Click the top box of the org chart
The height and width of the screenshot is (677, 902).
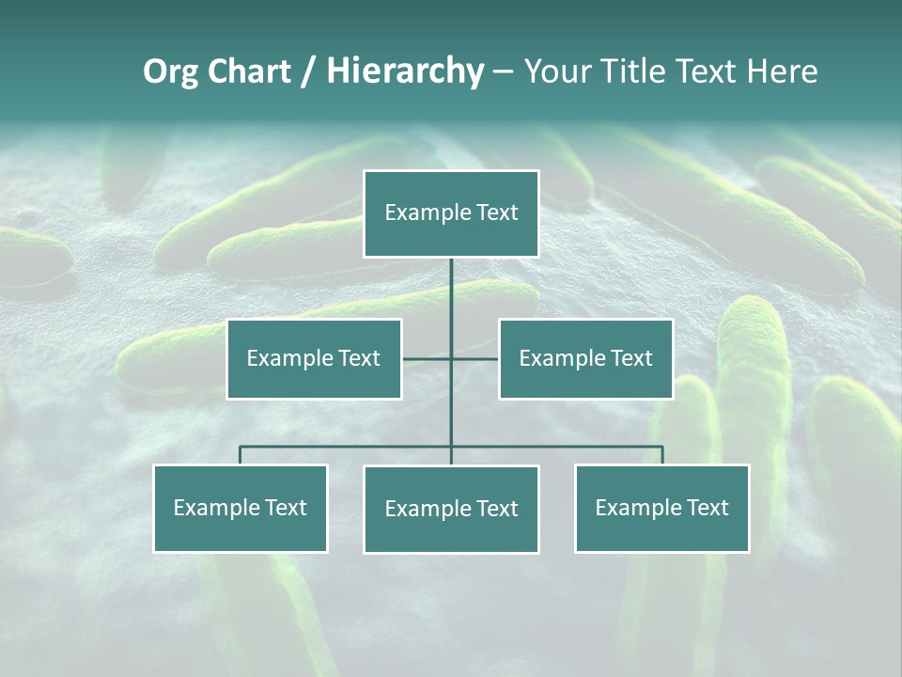tap(451, 213)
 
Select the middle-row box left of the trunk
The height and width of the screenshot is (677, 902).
tap(314, 358)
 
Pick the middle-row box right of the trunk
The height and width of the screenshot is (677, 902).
tap(585, 358)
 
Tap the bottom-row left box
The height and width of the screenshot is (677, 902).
tap(241, 508)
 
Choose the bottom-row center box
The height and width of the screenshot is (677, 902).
tap(451, 509)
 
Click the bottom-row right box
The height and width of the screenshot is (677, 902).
tap(661, 508)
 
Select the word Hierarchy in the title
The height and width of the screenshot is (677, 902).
tap(405, 71)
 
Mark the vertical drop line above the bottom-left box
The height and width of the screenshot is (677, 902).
tap(241, 455)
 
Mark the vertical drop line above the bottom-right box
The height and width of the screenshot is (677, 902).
tap(662, 455)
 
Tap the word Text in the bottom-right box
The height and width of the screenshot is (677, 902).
tap(708, 508)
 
